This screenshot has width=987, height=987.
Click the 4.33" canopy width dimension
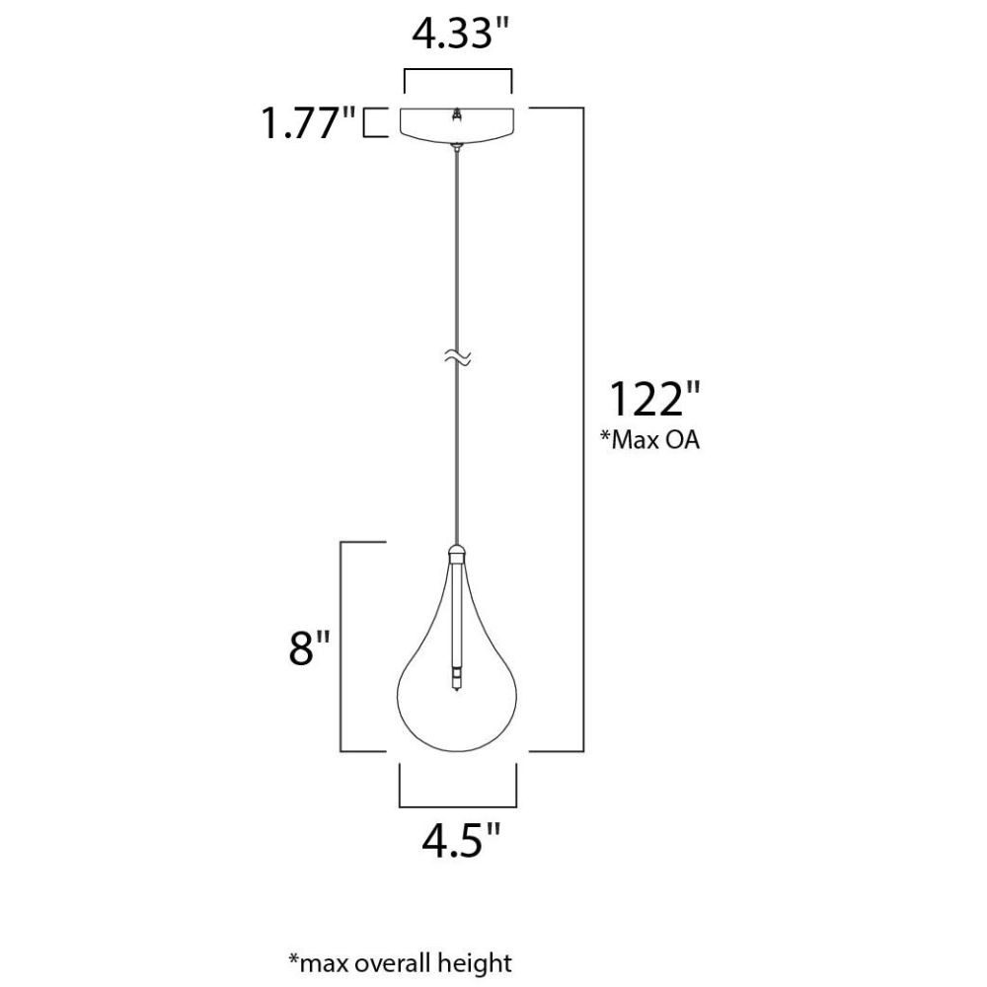(460, 34)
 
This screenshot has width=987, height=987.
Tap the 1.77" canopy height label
(308, 122)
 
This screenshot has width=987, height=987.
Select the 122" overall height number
(654, 398)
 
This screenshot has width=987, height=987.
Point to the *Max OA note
(649, 439)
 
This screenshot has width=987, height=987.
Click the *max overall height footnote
(401, 963)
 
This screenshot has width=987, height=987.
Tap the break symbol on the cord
(458, 357)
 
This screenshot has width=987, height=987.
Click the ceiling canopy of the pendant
(458, 123)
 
